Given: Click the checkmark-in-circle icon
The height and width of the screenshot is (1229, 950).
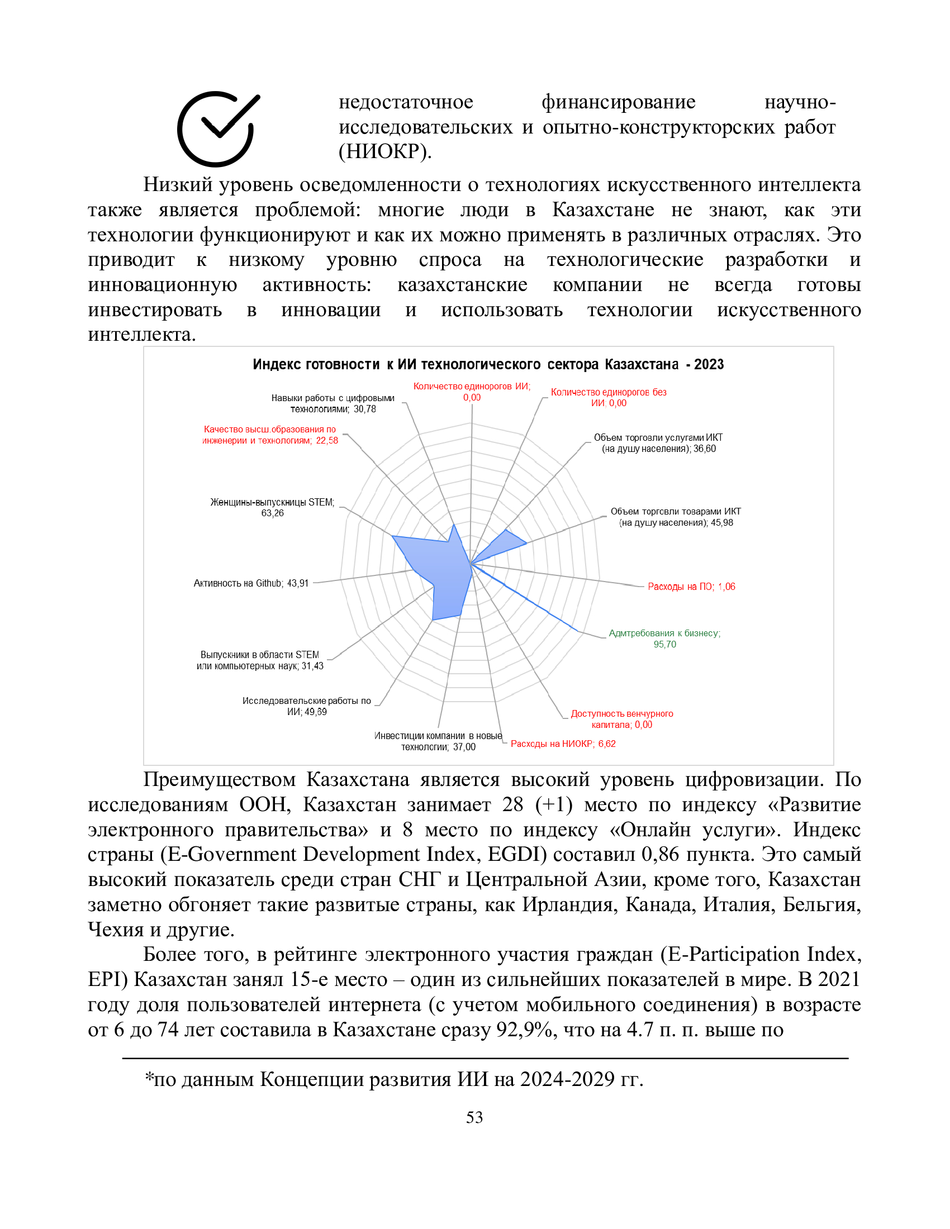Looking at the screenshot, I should point(218,129).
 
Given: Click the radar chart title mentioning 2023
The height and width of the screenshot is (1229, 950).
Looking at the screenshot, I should point(488,364).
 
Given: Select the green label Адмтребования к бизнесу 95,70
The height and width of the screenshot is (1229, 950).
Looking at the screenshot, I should point(664,639).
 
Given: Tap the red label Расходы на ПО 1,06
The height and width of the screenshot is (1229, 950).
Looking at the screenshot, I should point(691,587).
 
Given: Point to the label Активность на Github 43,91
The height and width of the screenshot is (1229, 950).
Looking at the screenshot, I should point(251,583).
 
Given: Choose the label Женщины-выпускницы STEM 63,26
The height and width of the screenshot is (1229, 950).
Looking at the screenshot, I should point(272,507).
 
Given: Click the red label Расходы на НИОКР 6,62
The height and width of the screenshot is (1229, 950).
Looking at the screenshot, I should point(563,744).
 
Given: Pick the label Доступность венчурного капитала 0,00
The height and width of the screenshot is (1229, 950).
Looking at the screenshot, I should point(622,719).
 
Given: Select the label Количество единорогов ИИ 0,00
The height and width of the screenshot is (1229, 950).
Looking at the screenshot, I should point(472,392).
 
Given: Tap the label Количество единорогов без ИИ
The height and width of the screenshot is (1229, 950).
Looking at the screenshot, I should point(609,397).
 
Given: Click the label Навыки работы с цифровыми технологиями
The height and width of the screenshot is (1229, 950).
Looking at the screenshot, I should point(332,403).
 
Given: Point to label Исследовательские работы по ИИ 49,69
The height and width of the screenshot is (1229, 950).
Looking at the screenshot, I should point(307,706).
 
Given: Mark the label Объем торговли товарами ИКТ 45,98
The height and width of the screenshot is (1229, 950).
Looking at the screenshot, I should point(676,517).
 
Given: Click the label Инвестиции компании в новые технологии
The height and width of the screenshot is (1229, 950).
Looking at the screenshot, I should point(438,741).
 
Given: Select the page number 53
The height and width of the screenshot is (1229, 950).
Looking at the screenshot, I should point(474,1117).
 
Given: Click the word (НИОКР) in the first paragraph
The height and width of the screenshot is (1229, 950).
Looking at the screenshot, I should point(385,151).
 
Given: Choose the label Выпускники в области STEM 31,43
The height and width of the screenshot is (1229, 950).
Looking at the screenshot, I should point(259,660).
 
